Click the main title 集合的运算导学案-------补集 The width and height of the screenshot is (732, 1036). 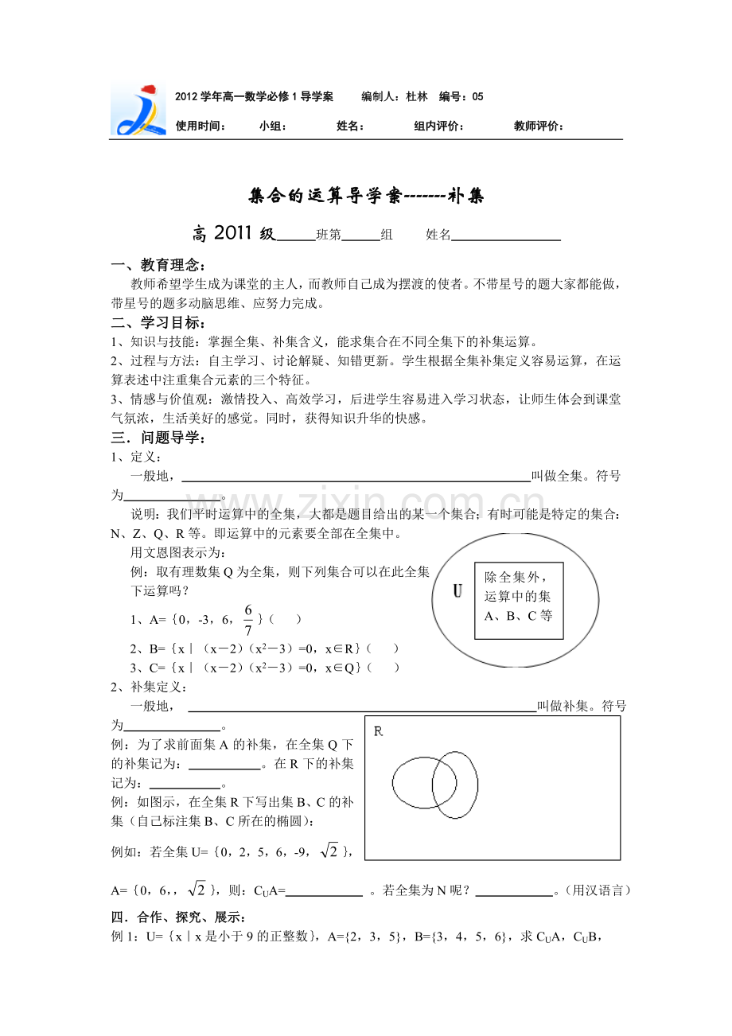pyautogui.click(x=366, y=196)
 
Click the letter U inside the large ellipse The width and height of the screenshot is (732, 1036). pyautogui.click(x=457, y=591)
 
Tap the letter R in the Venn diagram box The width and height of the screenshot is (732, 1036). pyautogui.click(x=379, y=731)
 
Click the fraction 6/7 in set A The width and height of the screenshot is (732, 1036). pyautogui.click(x=247, y=619)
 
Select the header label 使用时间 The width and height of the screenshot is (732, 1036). pyautogui.click(x=201, y=126)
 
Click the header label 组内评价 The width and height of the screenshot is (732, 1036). pyautogui.click(x=439, y=126)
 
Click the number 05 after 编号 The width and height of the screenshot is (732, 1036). pyautogui.click(x=477, y=97)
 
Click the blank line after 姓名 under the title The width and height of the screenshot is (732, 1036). pyautogui.click(x=506, y=236)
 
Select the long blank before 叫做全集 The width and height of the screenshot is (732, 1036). pyautogui.click(x=356, y=477)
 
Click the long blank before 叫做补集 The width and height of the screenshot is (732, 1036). pyautogui.click(x=361, y=707)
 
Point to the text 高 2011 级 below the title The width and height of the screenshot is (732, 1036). pyautogui.click(x=233, y=234)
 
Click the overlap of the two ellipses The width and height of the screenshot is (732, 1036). pyautogui.click(x=445, y=784)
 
